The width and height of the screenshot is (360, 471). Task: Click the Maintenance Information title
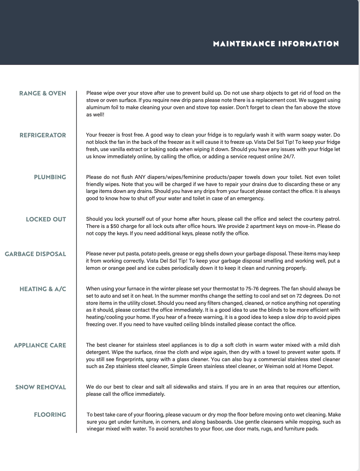(x=276, y=44)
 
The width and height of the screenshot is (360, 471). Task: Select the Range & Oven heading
(x=43, y=93)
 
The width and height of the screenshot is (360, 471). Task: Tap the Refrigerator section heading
(x=43, y=135)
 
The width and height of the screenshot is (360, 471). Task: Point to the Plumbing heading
(x=50, y=177)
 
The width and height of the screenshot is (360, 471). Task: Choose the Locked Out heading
(x=46, y=219)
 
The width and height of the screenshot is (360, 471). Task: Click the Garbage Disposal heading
(x=35, y=254)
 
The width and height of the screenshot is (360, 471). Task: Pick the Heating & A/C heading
(x=43, y=289)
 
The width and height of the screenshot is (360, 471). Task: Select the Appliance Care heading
(x=40, y=345)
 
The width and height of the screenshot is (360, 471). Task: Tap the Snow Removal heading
(x=41, y=387)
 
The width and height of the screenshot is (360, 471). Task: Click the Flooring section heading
(x=50, y=415)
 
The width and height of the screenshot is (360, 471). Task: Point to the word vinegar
(x=96, y=429)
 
